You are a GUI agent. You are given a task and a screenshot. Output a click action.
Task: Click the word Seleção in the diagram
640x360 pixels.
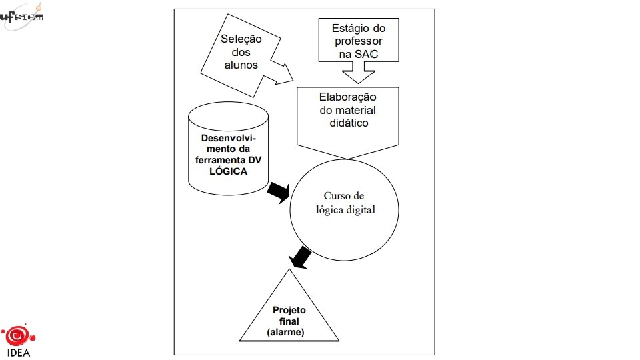click(x=241, y=39)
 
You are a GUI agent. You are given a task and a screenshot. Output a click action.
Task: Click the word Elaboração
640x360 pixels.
click(x=347, y=97)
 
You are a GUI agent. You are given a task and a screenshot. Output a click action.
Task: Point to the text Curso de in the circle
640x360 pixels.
click(x=344, y=195)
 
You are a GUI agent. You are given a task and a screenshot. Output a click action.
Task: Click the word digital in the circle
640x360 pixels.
click(x=361, y=209)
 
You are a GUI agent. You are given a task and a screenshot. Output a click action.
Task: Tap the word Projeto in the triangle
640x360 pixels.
click(x=289, y=311)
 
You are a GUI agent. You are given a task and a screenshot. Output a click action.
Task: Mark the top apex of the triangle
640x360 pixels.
click(x=289, y=269)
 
